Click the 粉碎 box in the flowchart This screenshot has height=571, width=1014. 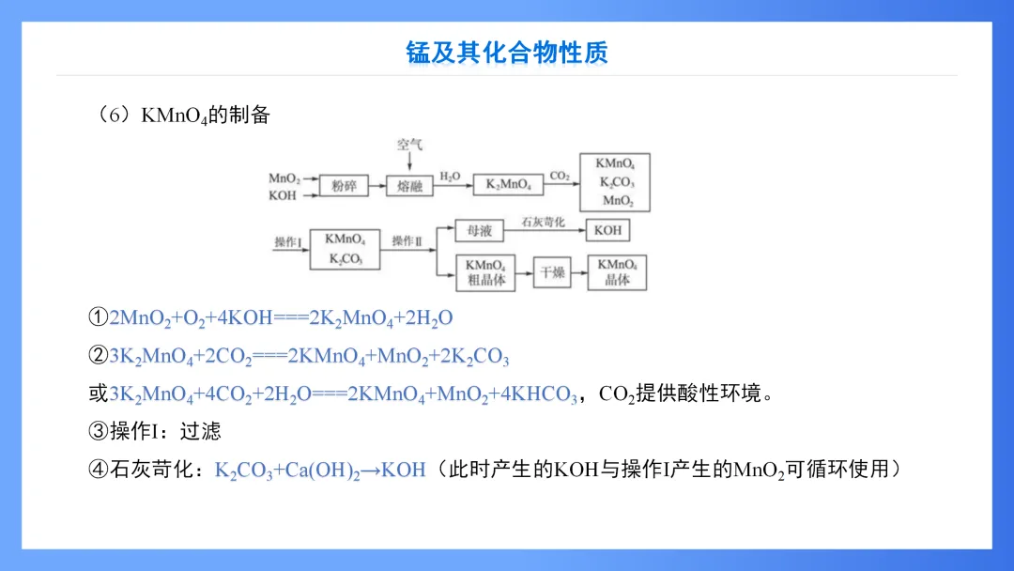click(x=344, y=185)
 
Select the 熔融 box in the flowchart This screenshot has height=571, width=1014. click(x=409, y=185)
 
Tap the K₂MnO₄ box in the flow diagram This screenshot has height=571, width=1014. click(x=508, y=185)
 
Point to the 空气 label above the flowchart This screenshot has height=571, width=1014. click(x=409, y=144)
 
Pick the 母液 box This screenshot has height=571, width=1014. click(x=479, y=230)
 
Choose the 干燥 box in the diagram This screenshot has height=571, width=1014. click(x=552, y=272)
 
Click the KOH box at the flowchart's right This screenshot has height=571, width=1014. click(x=607, y=230)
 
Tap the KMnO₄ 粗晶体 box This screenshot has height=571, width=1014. click(x=485, y=272)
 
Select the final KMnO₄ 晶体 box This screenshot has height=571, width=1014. click(x=617, y=272)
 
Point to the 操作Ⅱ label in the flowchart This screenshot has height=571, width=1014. click(x=407, y=241)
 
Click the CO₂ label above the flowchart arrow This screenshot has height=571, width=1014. click(x=560, y=176)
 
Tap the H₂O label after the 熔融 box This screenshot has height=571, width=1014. click(x=451, y=176)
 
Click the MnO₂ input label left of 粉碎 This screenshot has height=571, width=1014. click(x=284, y=178)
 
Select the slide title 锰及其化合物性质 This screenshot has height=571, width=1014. click(x=507, y=52)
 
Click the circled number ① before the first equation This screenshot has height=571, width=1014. click(x=99, y=318)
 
